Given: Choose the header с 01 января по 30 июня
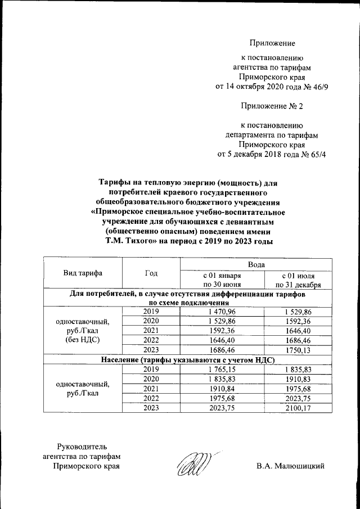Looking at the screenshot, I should (x=222, y=280).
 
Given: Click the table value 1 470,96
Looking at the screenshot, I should (x=222, y=312).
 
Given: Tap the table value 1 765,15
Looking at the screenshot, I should (x=222, y=369).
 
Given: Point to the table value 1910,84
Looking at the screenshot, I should (x=222, y=388).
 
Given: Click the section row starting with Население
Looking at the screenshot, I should (x=187, y=359).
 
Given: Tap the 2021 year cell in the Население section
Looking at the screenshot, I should (x=151, y=388).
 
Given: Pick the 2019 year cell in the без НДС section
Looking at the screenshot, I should (x=151, y=312).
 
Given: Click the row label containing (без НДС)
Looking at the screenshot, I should (x=83, y=340).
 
